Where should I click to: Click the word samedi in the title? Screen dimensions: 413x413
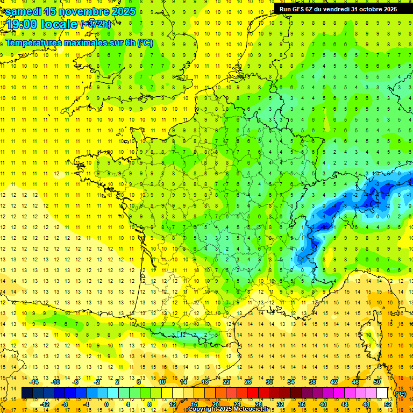click(24, 11)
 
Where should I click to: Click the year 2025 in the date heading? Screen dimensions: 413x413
click(120, 11)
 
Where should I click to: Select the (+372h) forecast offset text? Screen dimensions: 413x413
click(96, 24)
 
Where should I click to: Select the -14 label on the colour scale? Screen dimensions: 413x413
click(34, 382)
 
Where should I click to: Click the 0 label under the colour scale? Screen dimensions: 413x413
click(106, 404)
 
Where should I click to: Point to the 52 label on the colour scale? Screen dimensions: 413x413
click(387, 404)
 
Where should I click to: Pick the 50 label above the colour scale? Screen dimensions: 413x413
click(377, 382)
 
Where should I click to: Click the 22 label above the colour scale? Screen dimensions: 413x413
click(227, 382)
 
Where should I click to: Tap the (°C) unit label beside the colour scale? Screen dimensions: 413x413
click(400, 394)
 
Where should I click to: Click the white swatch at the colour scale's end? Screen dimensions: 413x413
click(382, 393)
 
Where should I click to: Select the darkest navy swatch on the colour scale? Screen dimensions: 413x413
click(27, 393)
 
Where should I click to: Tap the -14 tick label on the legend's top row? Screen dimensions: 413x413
click(34, 382)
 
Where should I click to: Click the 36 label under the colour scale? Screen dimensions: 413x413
click(301, 404)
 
